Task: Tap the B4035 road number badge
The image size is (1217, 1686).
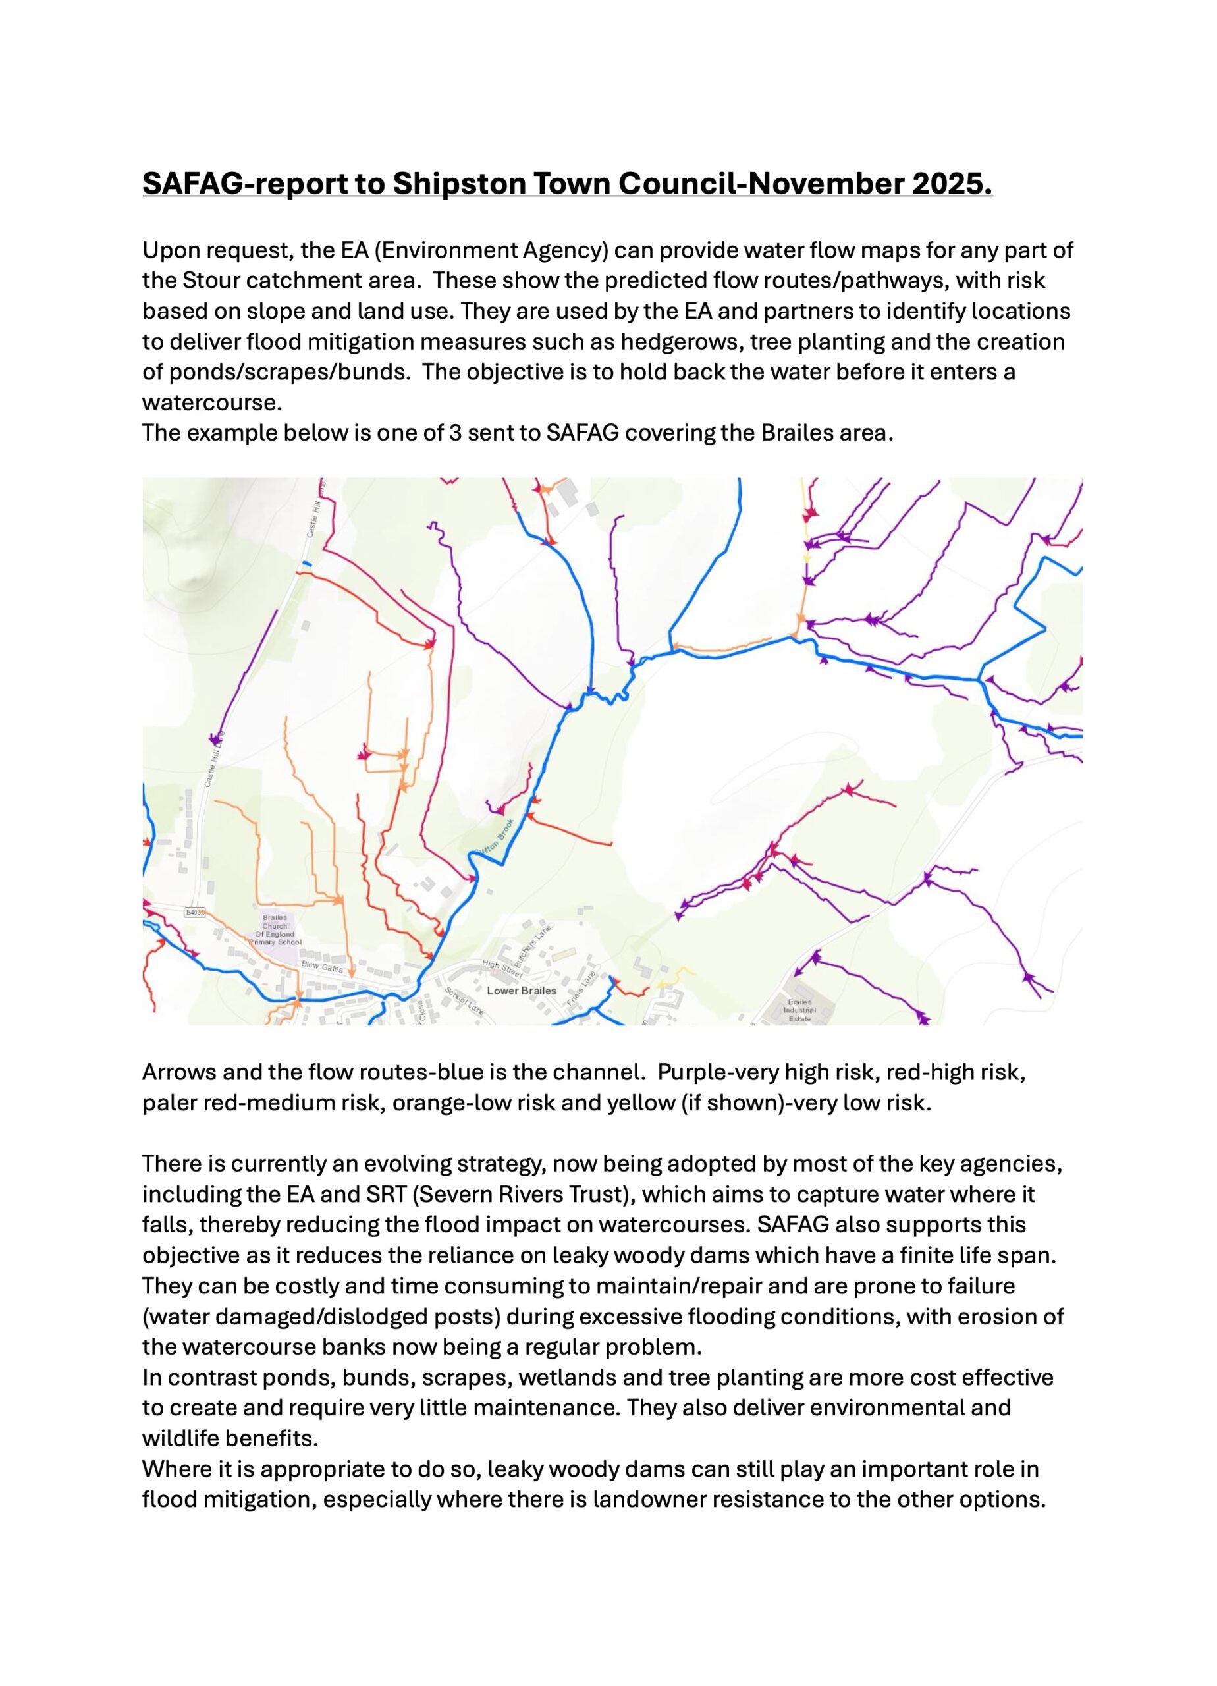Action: pyautogui.click(x=195, y=911)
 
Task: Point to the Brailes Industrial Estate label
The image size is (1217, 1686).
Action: pyautogui.click(x=800, y=1010)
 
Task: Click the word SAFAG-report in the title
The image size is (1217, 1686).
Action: pyautogui.click(x=246, y=183)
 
